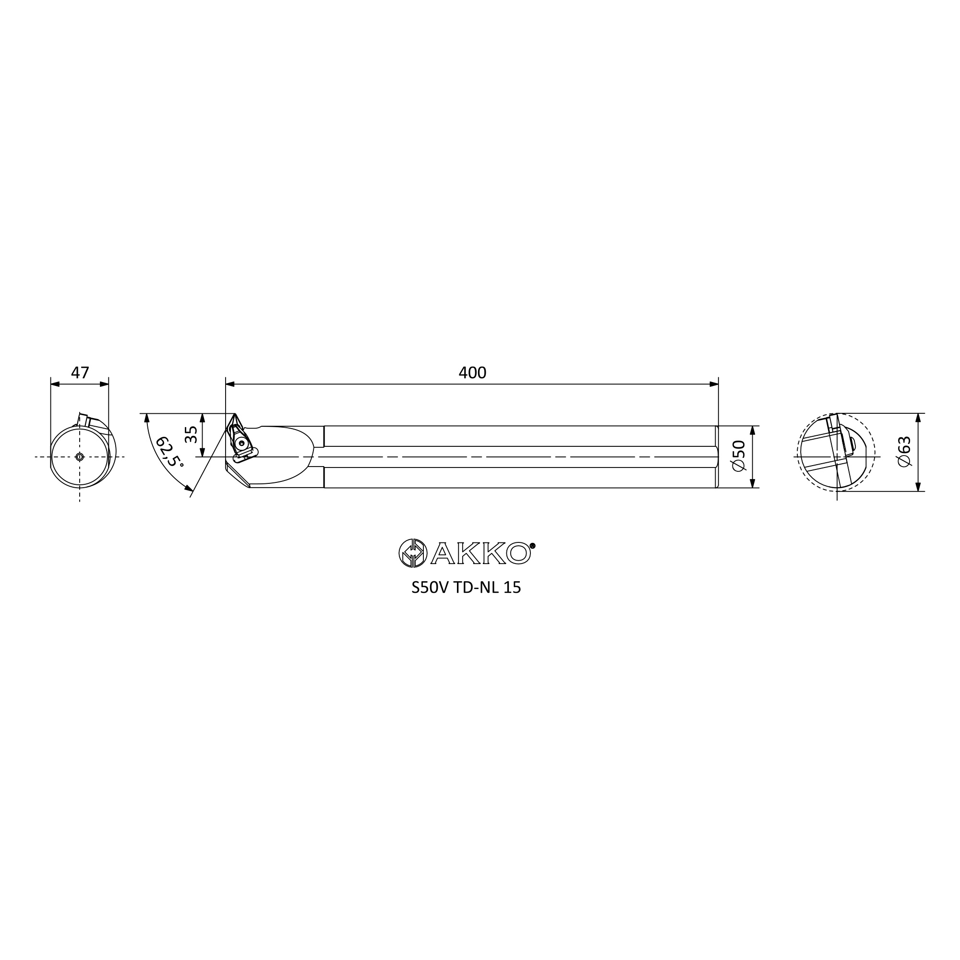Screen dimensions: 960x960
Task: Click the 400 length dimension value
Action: click(x=472, y=372)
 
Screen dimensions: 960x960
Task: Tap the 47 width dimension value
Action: click(x=80, y=372)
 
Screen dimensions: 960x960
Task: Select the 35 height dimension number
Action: click(x=192, y=435)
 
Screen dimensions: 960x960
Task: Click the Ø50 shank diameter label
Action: click(x=739, y=456)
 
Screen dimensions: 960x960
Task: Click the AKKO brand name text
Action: click(x=480, y=553)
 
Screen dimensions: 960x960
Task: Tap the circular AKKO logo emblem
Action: click(x=413, y=553)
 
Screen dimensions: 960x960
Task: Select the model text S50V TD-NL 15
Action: click(x=466, y=588)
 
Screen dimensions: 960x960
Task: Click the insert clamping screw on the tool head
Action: click(x=242, y=443)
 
